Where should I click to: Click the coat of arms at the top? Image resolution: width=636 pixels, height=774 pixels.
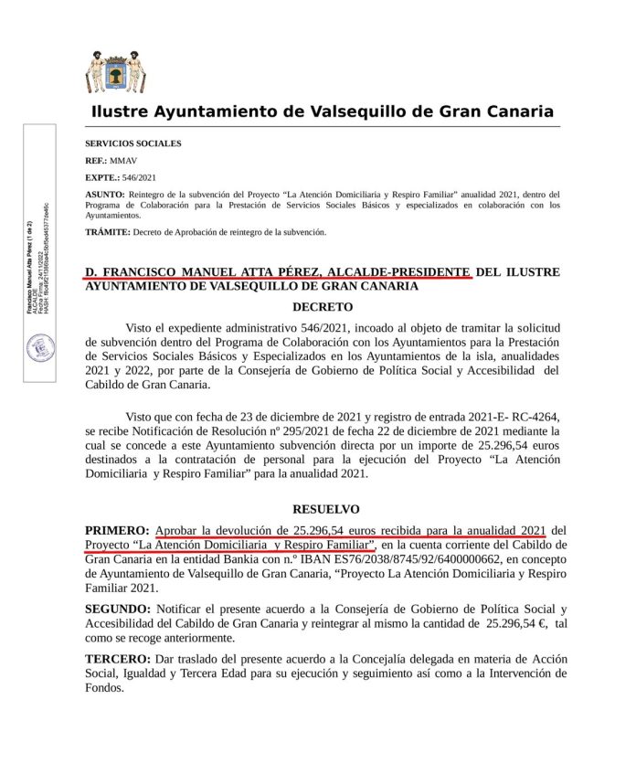click(115, 72)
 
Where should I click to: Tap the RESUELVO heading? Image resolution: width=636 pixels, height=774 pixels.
click(325, 509)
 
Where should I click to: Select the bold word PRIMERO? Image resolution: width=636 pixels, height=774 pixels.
click(117, 530)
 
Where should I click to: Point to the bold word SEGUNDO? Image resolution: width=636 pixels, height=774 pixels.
click(118, 609)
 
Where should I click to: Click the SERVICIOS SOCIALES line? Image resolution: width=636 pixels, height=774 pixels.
click(132, 143)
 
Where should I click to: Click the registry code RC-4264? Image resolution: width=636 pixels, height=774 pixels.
click(538, 413)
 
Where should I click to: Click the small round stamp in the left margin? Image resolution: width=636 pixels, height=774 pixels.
click(40, 347)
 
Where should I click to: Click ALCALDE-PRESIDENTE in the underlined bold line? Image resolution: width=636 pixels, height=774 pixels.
click(398, 272)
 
